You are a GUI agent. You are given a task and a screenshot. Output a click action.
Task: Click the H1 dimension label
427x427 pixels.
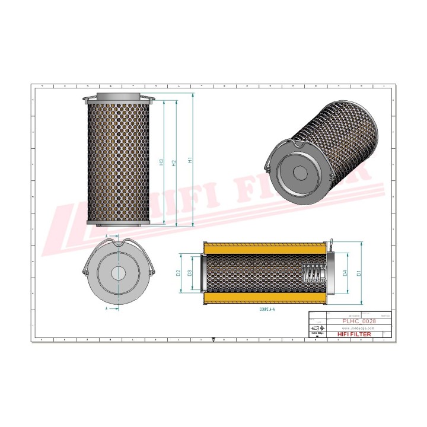click(x=190, y=160)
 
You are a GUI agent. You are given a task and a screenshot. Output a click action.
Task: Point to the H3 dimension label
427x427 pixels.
click(x=161, y=162)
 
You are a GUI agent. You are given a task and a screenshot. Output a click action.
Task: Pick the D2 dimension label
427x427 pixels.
click(x=178, y=273)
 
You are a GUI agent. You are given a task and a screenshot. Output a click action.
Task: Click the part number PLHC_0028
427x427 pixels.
click(x=359, y=321)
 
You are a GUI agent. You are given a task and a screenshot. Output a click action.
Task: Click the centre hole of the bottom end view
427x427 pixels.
click(x=119, y=273)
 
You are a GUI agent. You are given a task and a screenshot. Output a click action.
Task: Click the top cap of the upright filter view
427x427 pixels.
click(x=120, y=96)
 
